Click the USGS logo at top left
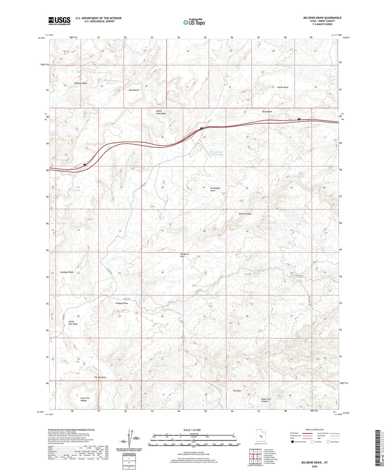59,21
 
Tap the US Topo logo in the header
194,22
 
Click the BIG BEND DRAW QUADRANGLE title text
322,18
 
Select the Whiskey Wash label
80,83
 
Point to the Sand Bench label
134,90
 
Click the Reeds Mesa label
283,87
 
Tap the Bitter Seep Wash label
161,112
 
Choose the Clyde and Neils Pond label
218,153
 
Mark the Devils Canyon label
245,214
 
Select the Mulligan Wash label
67,272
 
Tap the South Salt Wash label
73,323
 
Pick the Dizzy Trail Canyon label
266,400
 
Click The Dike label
237,391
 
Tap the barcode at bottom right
377,449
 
